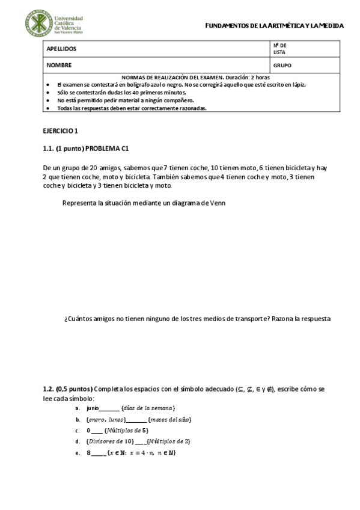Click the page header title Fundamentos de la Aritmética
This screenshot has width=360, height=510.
(x=274, y=26)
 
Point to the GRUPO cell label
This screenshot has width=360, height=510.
(x=282, y=65)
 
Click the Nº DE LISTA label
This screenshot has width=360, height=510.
(x=279, y=49)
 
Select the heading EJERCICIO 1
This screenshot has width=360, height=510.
(x=61, y=131)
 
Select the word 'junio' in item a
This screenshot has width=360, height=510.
(x=92, y=408)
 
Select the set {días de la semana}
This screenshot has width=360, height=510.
(x=148, y=408)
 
